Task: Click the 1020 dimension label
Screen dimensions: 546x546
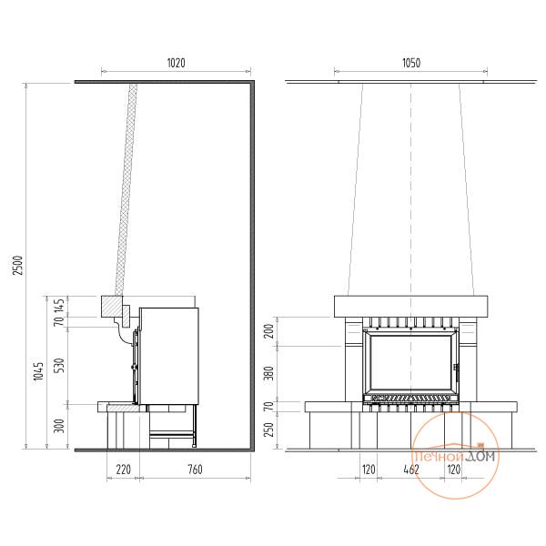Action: (x=177, y=63)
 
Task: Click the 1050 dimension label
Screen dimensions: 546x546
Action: (x=411, y=63)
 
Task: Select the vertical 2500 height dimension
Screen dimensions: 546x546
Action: (x=18, y=266)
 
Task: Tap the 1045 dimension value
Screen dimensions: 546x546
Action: (x=39, y=371)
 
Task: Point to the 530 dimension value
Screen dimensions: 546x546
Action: (x=60, y=365)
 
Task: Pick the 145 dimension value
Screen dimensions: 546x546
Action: (x=60, y=305)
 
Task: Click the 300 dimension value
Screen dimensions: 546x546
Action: (x=60, y=426)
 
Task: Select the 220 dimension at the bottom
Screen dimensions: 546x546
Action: (x=123, y=470)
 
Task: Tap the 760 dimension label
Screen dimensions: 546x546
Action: (x=195, y=470)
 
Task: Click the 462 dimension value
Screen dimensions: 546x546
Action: (x=411, y=470)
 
